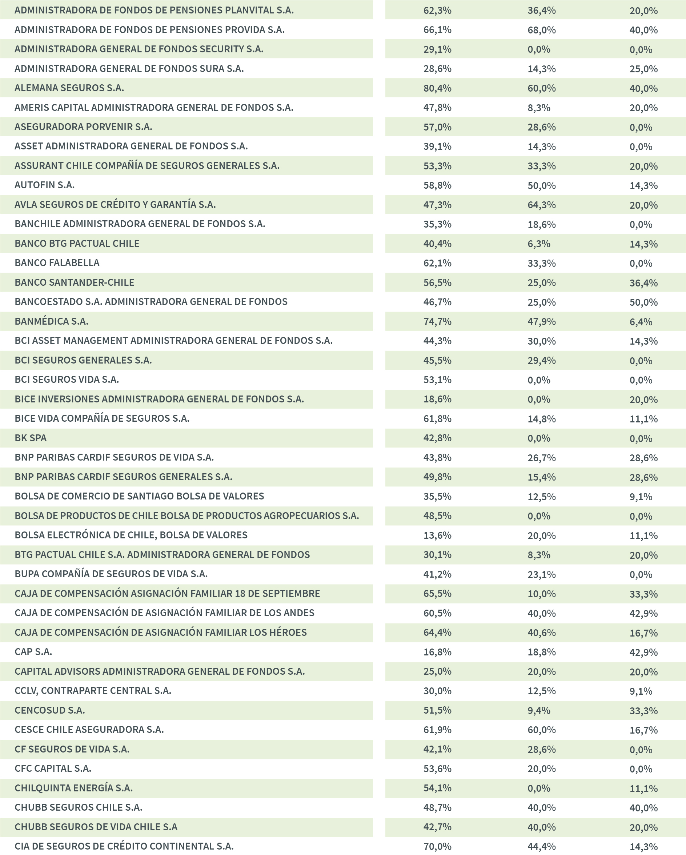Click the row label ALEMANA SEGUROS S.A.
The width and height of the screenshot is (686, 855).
[69, 88]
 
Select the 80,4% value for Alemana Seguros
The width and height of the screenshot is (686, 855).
[437, 88]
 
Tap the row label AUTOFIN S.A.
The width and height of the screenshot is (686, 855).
[44, 185]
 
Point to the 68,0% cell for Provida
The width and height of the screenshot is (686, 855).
[541, 30]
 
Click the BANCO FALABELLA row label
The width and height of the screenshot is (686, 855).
[57, 263]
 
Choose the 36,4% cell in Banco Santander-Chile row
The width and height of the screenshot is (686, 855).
[643, 283]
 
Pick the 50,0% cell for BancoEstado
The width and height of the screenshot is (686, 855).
[643, 302]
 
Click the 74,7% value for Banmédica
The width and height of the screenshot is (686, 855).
[437, 322]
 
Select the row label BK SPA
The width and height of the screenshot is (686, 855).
[31, 438]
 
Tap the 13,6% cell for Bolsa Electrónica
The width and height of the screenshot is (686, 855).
[437, 535]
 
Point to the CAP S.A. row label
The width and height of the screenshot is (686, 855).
[33, 652]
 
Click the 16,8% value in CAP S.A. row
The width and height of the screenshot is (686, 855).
[437, 652]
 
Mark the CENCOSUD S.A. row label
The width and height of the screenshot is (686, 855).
[49, 710]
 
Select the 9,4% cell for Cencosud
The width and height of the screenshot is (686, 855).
[538, 710]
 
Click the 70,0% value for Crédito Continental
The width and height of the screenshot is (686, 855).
[437, 847]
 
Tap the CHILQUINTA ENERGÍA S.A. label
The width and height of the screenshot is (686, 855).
[73, 788]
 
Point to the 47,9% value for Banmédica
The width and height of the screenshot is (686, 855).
[541, 322]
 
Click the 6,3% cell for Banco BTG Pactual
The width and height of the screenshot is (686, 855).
[538, 244]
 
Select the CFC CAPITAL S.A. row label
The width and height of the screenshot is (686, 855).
[53, 768]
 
